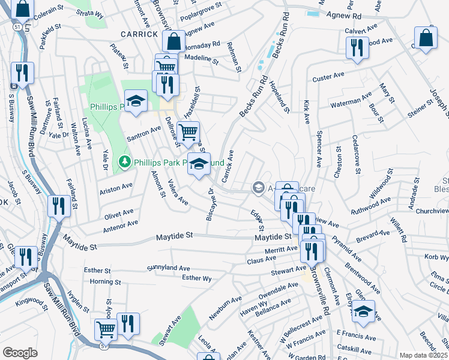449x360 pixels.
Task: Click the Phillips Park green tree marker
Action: (x=124, y=162)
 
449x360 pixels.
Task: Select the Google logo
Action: (x=19, y=353)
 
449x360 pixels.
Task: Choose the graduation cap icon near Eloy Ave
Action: (x=363, y=311)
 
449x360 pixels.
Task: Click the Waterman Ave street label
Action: (x=352, y=103)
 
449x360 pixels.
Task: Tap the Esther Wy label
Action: (x=197, y=278)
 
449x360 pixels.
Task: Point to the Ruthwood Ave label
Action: (x=371, y=206)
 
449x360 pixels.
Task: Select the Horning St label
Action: (x=105, y=281)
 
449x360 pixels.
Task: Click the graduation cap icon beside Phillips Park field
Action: (x=136, y=100)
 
